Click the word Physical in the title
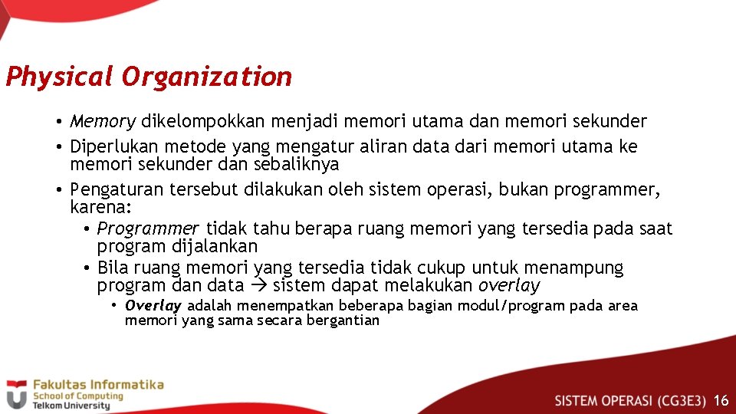pos(59,77)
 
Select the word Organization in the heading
pos(206,77)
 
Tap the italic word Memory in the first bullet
pos(103,121)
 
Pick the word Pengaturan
pos(113,189)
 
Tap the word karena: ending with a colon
pos(101,207)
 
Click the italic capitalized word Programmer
pos(148,228)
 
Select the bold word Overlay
pos(153,306)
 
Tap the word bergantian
pos(343,320)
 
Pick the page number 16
pos(721,400)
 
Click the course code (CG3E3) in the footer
pos(678,400)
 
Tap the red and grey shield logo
pos(16,394)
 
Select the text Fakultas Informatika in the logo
pos(97,385)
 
